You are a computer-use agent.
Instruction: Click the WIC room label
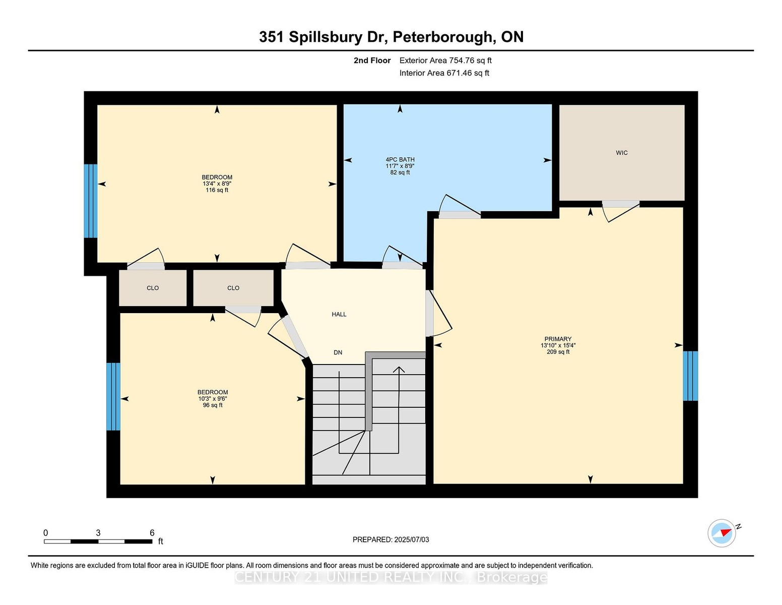(x=621, y=153)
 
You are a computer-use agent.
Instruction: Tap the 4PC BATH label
(x=400, y=159)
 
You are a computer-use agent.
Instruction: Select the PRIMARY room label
(x=558, y=339)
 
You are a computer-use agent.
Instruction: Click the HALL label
(x=339, y=314)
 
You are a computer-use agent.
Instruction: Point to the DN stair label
(x=338, y=352)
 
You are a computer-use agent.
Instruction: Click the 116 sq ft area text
(x=217, y=190)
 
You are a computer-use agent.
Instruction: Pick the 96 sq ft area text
(x=213, y=405)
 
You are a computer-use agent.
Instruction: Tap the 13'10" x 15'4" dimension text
(x=558, y=345)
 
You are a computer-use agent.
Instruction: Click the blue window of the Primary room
(x=690, y=376)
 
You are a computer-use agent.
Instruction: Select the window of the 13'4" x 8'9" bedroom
(x=91, y=201)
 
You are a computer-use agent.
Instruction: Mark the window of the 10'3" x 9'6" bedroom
(x=113, y=396)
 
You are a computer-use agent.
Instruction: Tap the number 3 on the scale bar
(x=98, y=533)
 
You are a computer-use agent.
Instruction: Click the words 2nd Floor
(x=372, y=60)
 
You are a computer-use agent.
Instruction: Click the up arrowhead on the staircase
(x=399, y=369)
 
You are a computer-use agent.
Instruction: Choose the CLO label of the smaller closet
(x=153, y=288)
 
